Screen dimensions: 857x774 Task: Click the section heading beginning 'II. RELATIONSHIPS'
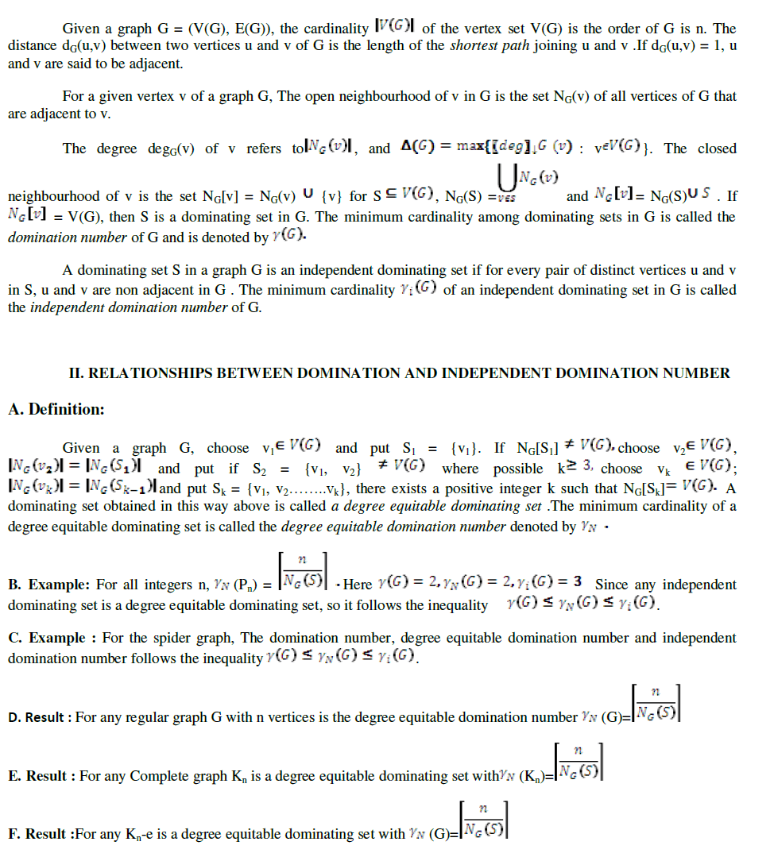[400, 373]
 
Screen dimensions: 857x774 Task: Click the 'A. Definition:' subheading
[56, 410]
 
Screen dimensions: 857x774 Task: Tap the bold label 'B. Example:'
[50, 585]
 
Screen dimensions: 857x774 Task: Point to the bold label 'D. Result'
[40, 717]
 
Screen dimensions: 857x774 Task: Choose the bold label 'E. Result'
[41, 775]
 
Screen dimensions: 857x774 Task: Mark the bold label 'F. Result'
[40, 834]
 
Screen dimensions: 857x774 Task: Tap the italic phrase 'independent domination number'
[129, 307]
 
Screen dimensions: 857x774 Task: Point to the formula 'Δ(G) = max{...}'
[525, 149]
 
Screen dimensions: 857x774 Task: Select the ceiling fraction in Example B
[306, 573]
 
